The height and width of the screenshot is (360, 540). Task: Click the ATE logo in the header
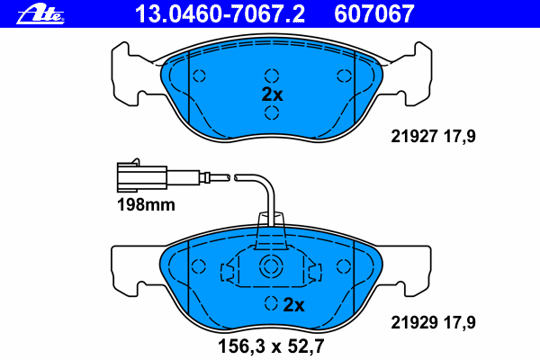[40, 14]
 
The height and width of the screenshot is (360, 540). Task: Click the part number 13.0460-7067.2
[220, 13]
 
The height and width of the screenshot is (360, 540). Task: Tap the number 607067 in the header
[374, 13]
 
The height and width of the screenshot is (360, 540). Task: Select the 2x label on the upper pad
[272, 94]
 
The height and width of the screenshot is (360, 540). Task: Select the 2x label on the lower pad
[293, 305]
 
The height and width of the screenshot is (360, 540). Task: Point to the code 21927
[414, 137]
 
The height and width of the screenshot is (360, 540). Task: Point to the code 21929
[414, 323]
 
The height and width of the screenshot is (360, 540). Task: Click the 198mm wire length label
[146, 205]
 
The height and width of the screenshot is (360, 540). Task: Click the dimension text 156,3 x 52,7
[271, 346]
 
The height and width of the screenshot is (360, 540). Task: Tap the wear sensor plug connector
[142, 176]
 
